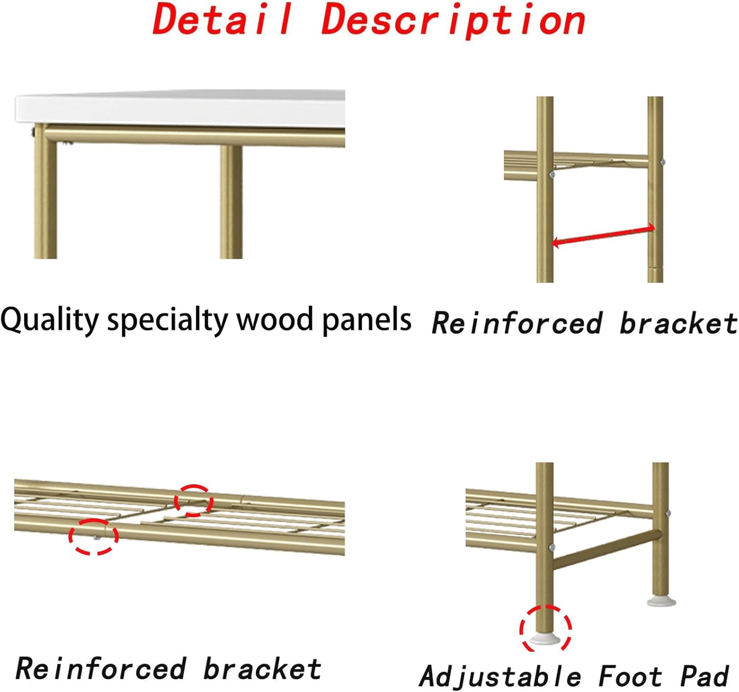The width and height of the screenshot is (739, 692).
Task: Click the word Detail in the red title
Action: [223, 19]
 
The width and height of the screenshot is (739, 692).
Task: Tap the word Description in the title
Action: [453, 20]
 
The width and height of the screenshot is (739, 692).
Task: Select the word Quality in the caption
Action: [49, 320]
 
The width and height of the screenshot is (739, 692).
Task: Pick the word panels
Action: [366, 320]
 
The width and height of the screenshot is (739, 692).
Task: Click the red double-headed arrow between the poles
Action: [603, 235]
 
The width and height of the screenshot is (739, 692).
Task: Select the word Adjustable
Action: [500, 677]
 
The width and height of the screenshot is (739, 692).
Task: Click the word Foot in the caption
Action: [630, 677]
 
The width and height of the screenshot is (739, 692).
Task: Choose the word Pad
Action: [704, 677]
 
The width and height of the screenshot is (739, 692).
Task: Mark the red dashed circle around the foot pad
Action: [545, 628]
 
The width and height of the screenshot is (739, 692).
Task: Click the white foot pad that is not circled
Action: [661, 602]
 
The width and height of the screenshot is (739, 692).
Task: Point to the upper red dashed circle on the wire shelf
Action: [192, 500]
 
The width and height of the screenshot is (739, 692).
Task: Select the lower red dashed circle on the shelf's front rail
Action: [93, 536]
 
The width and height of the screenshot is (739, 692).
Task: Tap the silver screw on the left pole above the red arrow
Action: [551, 175]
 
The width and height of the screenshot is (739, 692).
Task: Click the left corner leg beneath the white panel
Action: [46, 197]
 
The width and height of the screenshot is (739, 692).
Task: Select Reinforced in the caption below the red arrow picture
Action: [517, 324]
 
